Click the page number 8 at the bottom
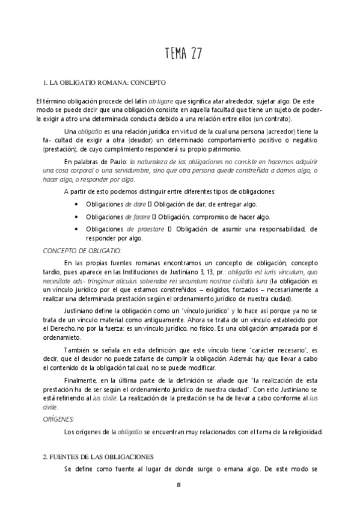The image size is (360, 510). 178,485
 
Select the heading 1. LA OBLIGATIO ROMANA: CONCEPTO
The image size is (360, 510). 104,82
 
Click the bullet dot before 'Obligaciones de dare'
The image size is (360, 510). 76,205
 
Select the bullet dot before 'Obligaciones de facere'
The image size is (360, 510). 76,217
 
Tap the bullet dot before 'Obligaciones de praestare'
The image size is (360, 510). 76,229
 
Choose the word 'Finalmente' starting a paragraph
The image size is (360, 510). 82,382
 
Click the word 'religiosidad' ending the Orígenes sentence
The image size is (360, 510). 304,431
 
